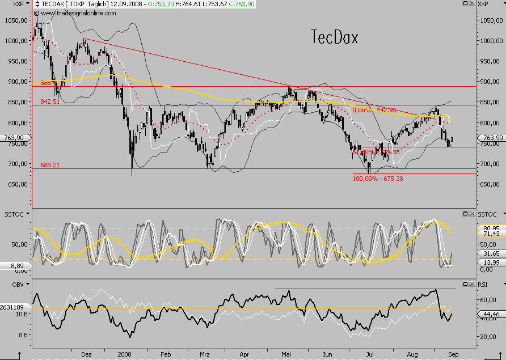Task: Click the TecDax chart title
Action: coord(335,37)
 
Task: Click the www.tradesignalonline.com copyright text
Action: coord(73,12)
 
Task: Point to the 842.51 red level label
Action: coord(50,101)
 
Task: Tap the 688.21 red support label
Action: coord(50,165)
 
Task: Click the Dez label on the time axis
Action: coord(87,354)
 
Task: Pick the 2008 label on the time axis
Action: coord(125,354)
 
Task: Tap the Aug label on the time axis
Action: coord(412,354)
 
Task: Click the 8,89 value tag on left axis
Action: coord(15,265)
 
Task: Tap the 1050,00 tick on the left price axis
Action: coord(15,20)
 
